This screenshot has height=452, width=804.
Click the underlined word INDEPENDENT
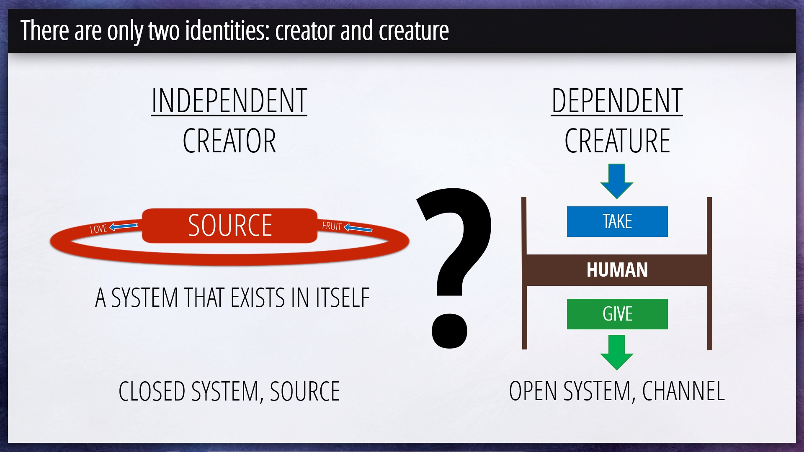[x=229, y=101]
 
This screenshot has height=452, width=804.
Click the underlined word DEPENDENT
[x=617, y=101]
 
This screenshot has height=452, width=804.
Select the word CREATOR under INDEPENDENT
[x=229, y=141]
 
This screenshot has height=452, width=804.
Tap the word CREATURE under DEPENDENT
[x=617, y=141]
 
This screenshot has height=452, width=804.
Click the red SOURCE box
[x=229, y=226]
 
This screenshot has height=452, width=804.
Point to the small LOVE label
[x=99, y=229]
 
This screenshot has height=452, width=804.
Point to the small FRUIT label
[x=332, y=226]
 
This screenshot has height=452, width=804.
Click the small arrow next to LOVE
[x=124, y=226]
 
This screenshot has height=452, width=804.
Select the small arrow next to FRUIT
[x=358, y=228]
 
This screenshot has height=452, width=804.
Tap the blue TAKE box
[x=617, y=221]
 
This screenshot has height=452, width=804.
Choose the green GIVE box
[x=617, y=314]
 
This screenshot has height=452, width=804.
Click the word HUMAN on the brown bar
[x=617, y=270]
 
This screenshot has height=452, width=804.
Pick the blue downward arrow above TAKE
[x=617, y=181]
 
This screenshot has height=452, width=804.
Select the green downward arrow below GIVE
[x=617, y=352]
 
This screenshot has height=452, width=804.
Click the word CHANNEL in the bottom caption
[x=683, y=391]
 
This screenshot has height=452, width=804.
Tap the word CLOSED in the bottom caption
[x=152, y=392]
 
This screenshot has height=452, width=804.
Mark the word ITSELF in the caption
[x=343, y=298]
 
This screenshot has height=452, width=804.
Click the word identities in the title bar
[x=227, y=31]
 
